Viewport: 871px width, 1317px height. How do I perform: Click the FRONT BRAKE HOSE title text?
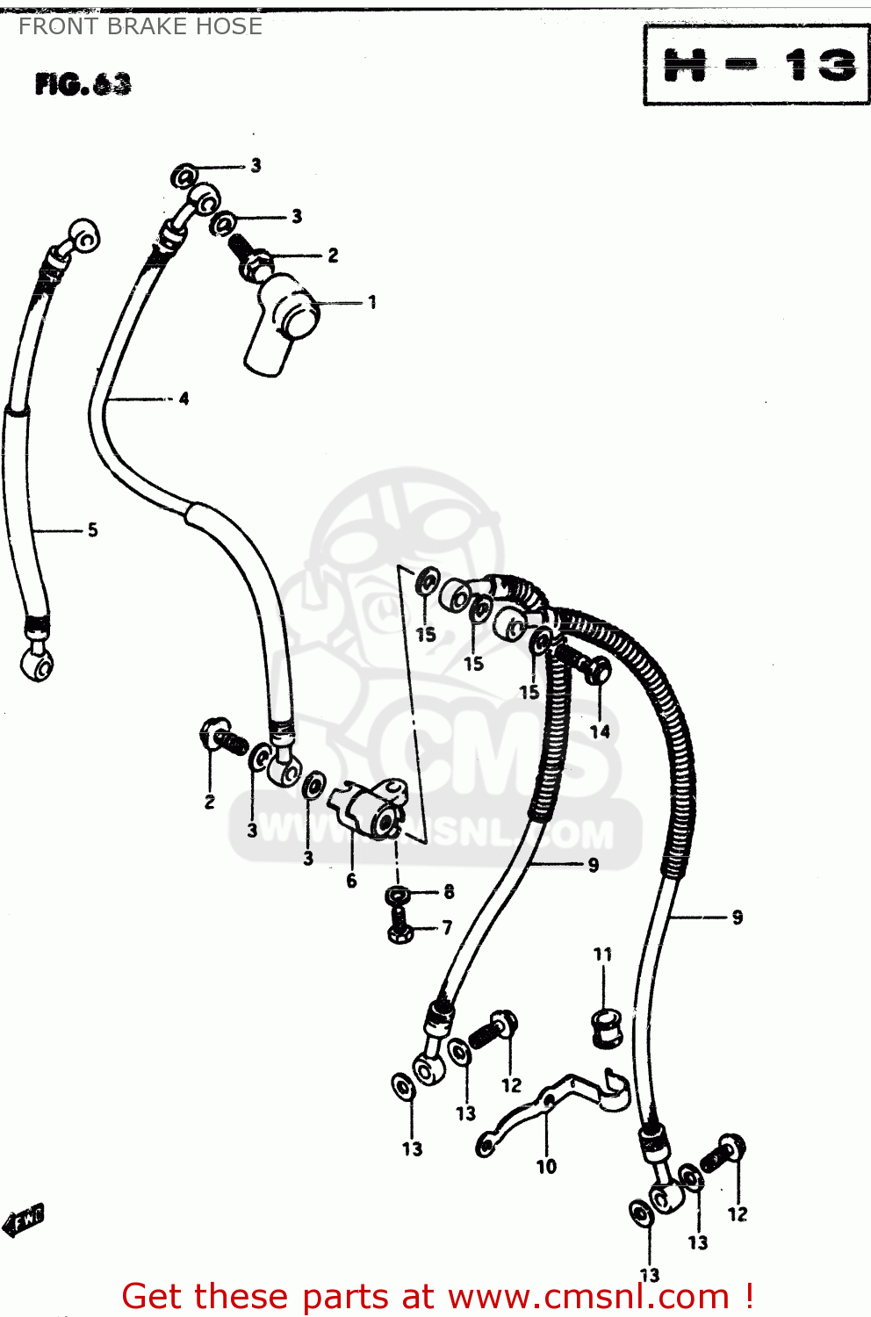pyautogui.click(x=140, y=26)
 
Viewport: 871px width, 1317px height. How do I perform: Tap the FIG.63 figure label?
pyautogui.click(x=83, y=84)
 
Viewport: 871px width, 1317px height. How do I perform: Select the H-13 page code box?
pyautogui.click(x=756, y=66)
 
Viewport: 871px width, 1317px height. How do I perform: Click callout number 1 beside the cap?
pyautogui.click(x=372, y=303)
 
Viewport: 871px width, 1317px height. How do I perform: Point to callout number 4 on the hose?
pyautogui.click(x=184, y=399)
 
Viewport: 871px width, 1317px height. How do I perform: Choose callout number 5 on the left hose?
pyautogui.click(x=92, y=530)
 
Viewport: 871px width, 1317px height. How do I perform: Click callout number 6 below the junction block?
pyautogui.click(x=351, y=881)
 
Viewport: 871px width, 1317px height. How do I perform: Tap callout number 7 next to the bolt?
pyautogui.click(x=447, y=927)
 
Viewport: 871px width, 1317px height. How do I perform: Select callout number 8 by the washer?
pyautogui.click(x=449, y=892)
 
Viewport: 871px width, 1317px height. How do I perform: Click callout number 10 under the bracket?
pyautogui.click(x=546, y=1167)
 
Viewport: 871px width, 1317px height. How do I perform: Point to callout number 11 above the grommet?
pyautogui.click(x=602, y=954)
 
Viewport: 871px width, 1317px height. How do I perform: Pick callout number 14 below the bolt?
pyautogui.click(x=600, y=731)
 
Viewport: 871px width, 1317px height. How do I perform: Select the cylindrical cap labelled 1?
pyautogui.click(x=281, y=325)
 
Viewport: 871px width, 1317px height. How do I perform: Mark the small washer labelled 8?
pyautogui.click(x=398, y=896)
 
